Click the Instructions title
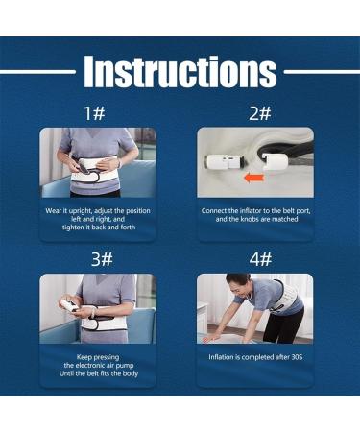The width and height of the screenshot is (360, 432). click(x=180, y=71)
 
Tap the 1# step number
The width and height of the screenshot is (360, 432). click(x=95, y=113)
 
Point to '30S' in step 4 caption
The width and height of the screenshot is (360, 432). click(x=296, y=357)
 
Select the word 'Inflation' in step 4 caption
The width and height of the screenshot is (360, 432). click(x=225, y=357)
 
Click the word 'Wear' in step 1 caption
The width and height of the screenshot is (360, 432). click(x=56, y=210)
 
